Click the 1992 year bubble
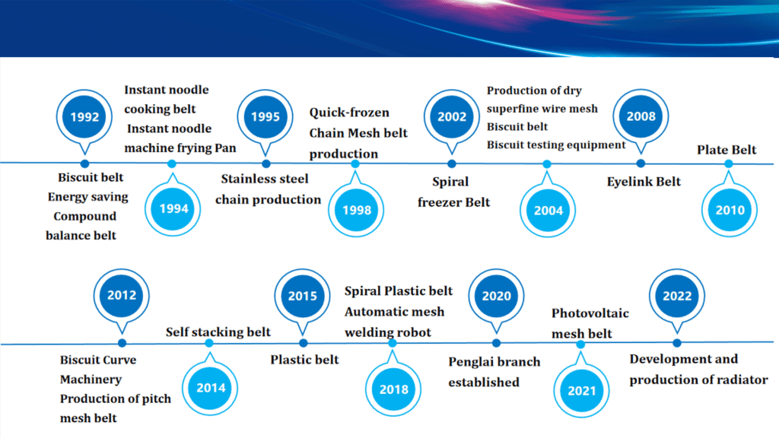(x=84, y=117)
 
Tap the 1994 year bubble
(x=173, y=208)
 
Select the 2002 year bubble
(x=452, y=117)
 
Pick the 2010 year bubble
(x=730, y=210)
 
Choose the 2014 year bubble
(x=210, y=388)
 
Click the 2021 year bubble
(x=581, y=391)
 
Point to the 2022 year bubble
(x=676, y=297)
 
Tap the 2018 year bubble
(x=393, y=389)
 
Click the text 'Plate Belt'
(x=727, y=150)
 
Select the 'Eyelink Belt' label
(x=644, y=182)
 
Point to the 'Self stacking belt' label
(x=218, y=332)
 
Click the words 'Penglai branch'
(x=494, y=362)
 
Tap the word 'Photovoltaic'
(x=590, y=313)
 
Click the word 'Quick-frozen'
(x=349, y=113)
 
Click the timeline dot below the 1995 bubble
(x=266, y=164)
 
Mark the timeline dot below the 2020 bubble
(x=496, y=343)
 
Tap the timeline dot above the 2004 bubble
(x=547, y=164)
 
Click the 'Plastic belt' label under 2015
(x=304, y=360)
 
